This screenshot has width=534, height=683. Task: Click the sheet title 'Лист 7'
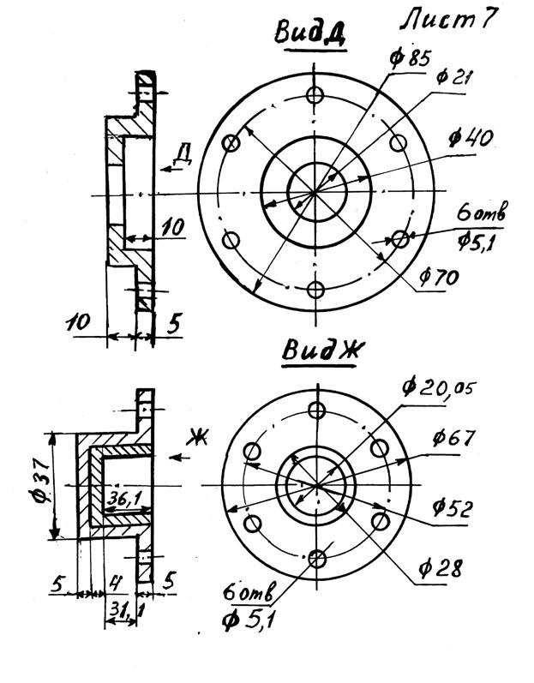pos(448,20)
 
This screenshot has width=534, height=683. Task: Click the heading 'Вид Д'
pos(310,33)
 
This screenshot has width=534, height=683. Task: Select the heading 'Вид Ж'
pos(320,350)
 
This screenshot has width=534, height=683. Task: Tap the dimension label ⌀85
pos(410,58)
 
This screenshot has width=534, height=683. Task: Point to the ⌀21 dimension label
pos(453,77)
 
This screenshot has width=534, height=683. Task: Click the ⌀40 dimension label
pos(471,139)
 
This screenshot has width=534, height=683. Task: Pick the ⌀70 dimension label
pos(439,277)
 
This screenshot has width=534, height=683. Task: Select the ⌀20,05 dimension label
pos(439,387)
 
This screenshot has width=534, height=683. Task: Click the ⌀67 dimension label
pos(453,437)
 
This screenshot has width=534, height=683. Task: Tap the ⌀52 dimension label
pos(452,507)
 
